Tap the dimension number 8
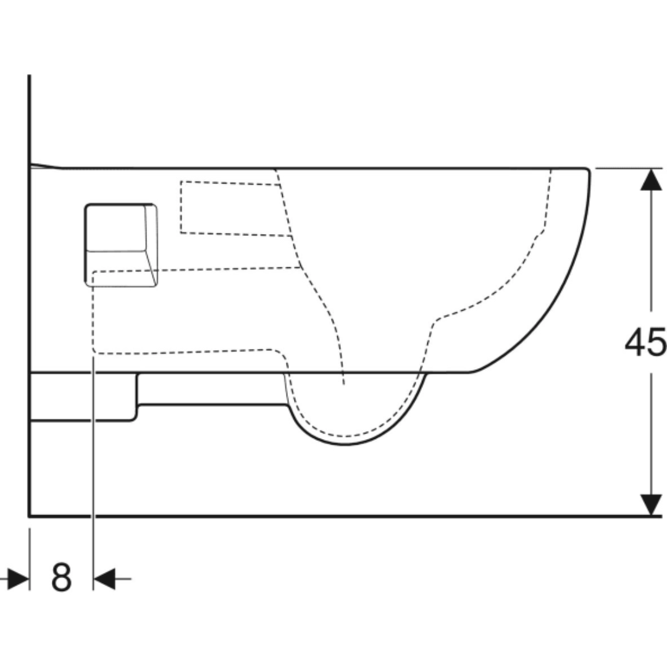(61, 579)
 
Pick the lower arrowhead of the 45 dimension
(650, 504)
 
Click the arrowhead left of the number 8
(19, 579)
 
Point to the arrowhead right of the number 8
(104, 579)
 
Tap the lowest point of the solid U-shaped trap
(346, 444)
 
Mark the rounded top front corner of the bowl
(587, 171)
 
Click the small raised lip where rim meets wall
(46, 165)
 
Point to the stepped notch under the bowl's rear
(136, 405)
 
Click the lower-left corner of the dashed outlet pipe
(94, 353)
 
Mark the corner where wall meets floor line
(29, 515)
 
